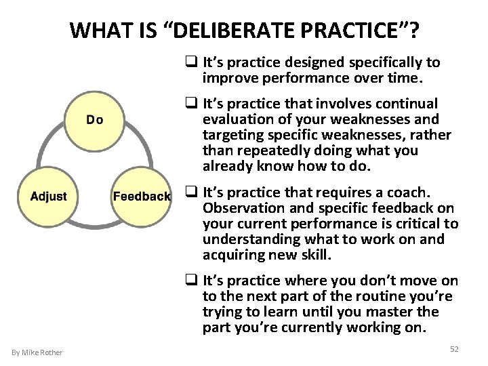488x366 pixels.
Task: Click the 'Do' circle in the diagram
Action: point(94,120)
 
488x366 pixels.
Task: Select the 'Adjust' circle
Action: point(48,196)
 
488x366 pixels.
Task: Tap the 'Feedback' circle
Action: point(141,197)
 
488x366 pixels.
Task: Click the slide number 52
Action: point(453,348)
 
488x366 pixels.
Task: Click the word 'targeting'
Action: point(230,135)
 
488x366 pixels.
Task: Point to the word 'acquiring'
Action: point(230,255)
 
